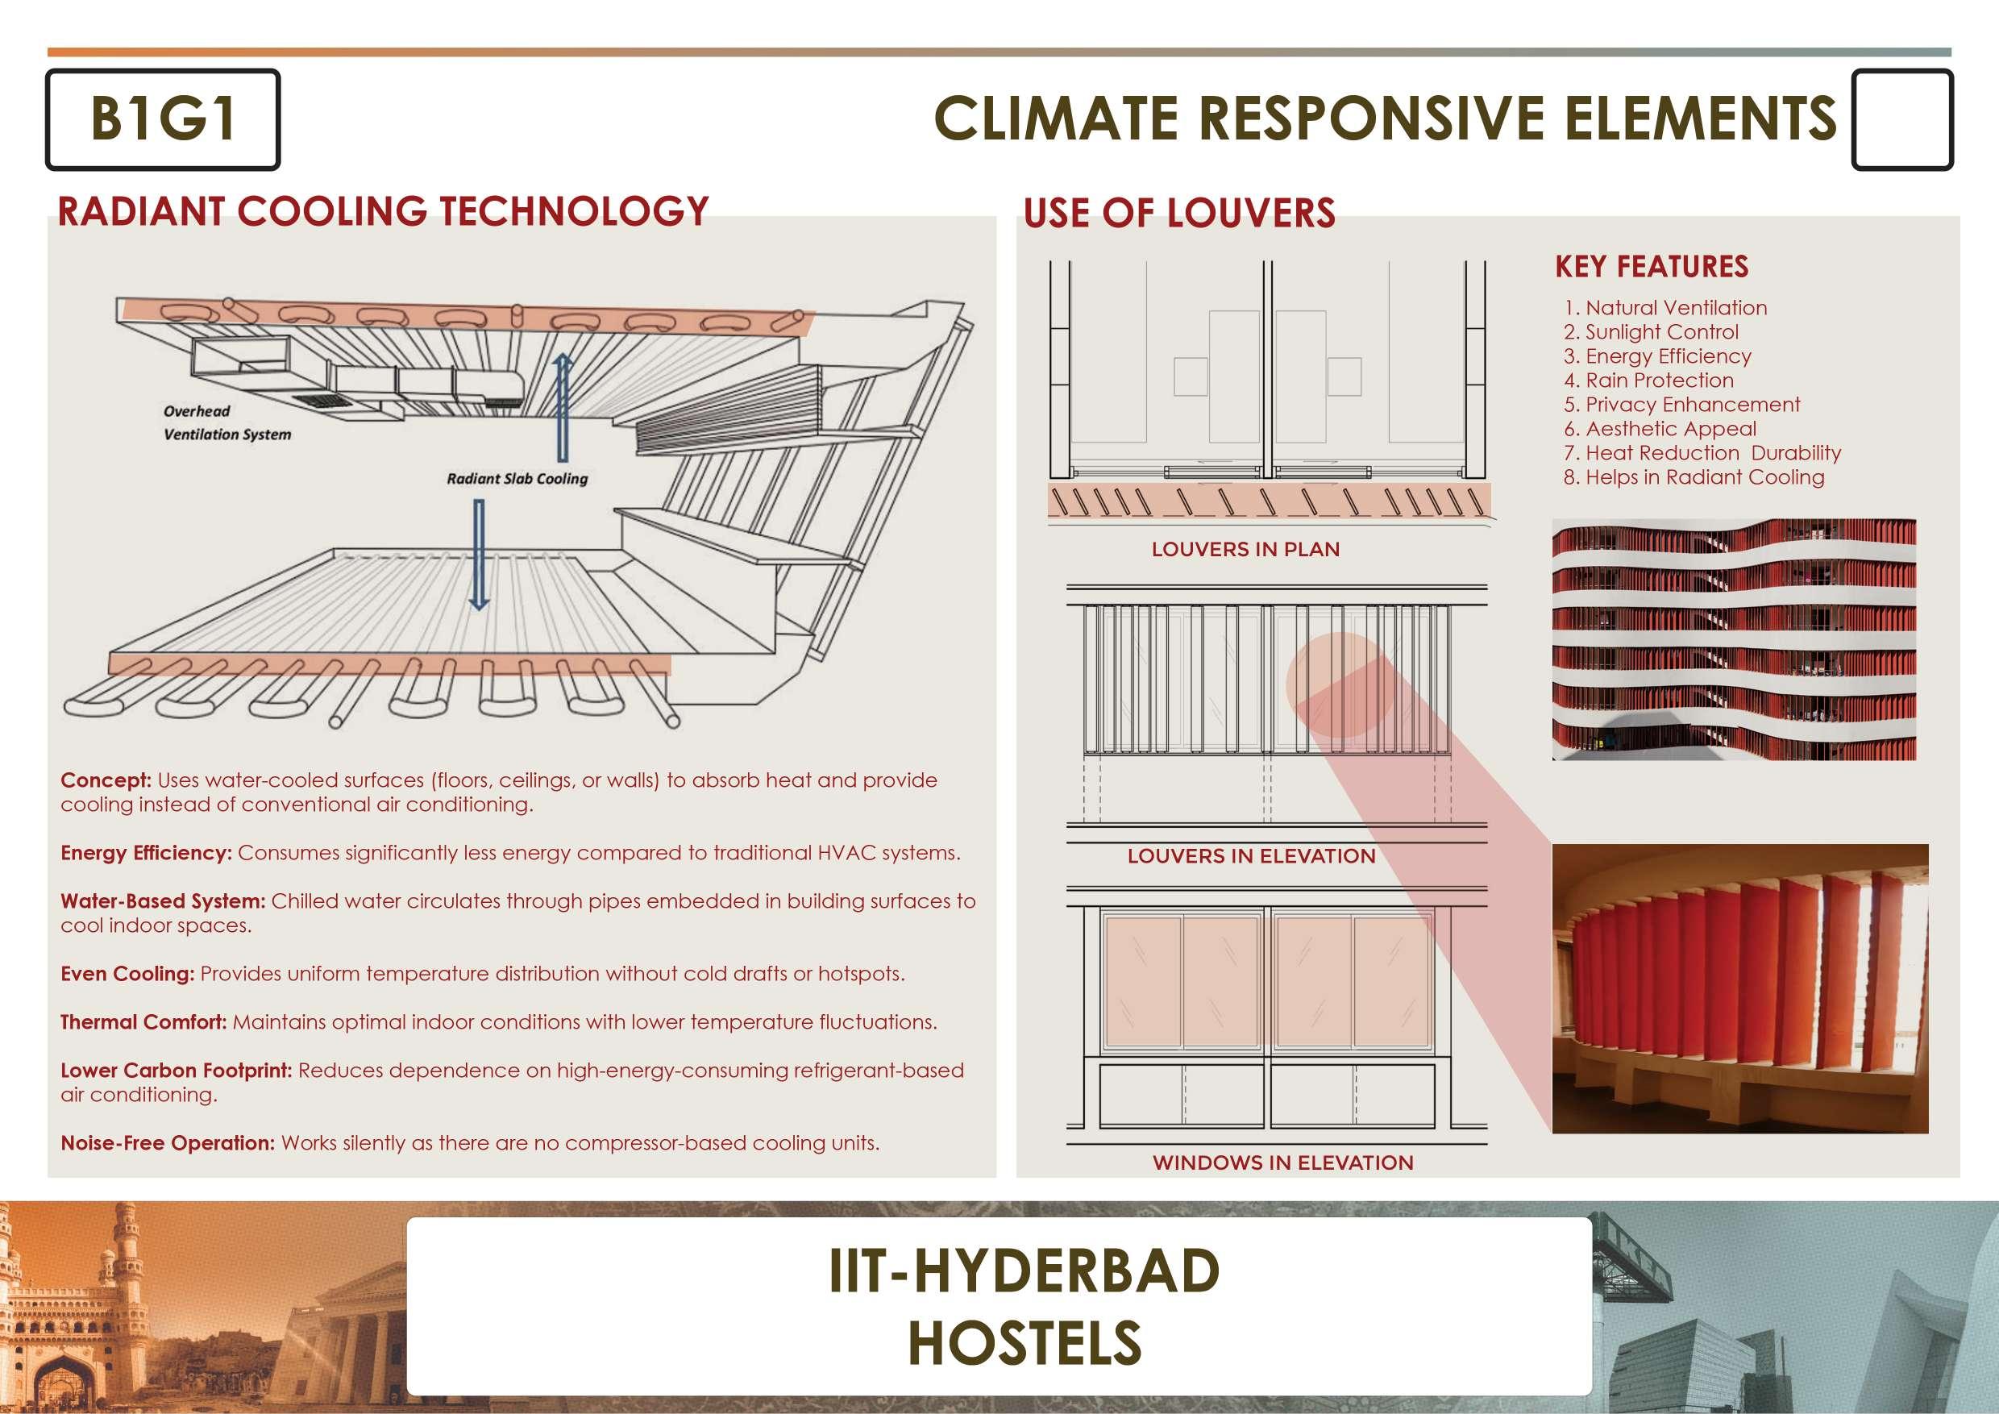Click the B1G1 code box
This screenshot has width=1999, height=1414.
click(163, 119)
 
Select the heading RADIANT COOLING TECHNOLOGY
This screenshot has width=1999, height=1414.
click(383, 211)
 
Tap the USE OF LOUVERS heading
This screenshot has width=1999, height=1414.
click(1179, 214)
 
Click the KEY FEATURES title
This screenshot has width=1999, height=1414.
click(1652, 266)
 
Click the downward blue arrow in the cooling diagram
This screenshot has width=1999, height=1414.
click(478, 554)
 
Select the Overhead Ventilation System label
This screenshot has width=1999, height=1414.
click(226, 423)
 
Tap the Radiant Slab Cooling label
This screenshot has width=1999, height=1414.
click(517, 479)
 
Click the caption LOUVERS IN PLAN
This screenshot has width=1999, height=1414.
click(1245, 550)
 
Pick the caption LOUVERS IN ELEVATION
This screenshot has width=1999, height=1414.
click(1251, 856)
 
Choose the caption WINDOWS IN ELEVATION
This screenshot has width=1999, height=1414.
click(1282, 1162)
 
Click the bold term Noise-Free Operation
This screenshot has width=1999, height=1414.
click(167, 1143)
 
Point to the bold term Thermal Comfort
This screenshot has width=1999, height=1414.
click(143, 1022)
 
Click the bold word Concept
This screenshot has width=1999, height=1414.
click(106, 780)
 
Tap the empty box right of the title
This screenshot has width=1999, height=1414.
click(1901, 119)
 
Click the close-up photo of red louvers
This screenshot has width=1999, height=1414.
click(1739, 988)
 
